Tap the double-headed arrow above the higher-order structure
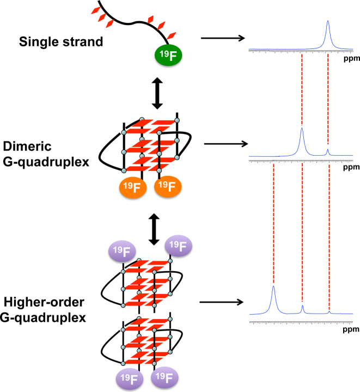[x=154, y=229]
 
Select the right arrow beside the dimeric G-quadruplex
[x=223, y=145]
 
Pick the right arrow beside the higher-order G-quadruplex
[x=220, y=302]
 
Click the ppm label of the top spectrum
[x=352, y=57]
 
